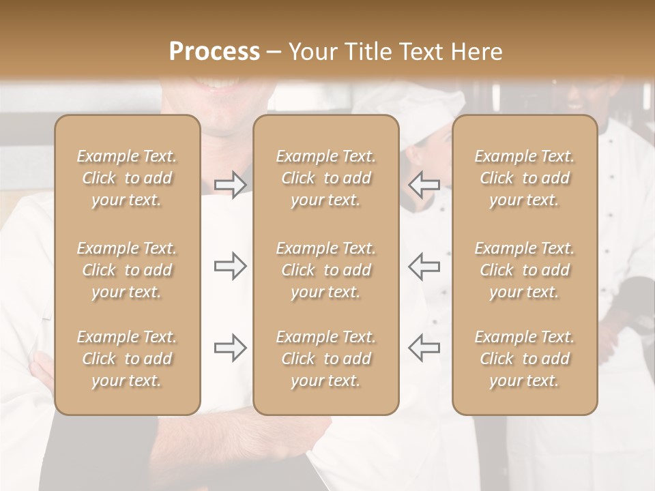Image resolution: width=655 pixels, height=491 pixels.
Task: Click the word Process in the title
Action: click(214, 52)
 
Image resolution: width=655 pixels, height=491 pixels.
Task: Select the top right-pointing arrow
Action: click(230, 185)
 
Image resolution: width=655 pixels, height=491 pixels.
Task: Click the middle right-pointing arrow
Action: click(230, 266)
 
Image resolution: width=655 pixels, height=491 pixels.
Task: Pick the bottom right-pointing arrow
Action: click(230, 348)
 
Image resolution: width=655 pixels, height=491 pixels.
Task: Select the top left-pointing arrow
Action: click(424, 185)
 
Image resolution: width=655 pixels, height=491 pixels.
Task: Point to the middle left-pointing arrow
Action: click(424, 266)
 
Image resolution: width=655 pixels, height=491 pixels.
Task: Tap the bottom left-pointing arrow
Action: click(424, 348)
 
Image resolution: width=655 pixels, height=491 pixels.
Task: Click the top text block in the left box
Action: click(127, 178)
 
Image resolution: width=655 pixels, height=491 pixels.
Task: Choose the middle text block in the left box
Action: click(127, 270)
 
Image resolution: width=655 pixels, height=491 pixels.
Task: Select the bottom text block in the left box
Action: click(127, 359)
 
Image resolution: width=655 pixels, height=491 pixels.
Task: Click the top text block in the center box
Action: click(325, 178)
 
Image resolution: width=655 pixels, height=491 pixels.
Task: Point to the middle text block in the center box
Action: click(325, 270)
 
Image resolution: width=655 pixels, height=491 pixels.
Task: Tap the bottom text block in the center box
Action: click(325, 359)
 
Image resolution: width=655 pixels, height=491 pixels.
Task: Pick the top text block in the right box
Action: click(525, 178)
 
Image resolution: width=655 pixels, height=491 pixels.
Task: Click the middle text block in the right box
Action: click(525, 270)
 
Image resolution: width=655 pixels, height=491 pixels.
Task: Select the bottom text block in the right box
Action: click(525, 359)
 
